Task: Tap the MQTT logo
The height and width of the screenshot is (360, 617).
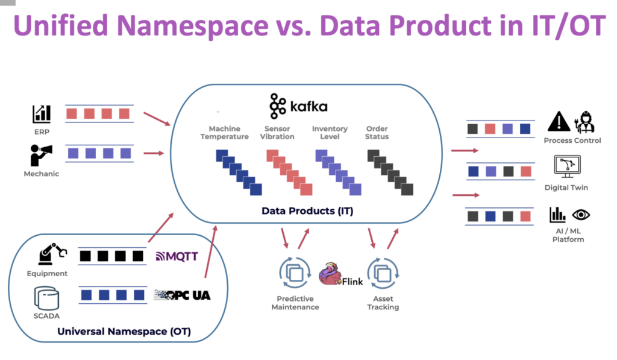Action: click(x=177, y=256)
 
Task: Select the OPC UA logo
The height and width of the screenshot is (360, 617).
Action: click(x=182, y=295)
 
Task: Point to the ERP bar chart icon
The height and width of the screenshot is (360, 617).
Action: click(x=42, y=113)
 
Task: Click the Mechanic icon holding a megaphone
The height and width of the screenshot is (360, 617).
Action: click(x=41, y=154)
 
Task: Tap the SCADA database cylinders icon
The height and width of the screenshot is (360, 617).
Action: click(x=46, y=297)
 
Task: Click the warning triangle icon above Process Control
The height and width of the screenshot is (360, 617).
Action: click(x=559, y=122)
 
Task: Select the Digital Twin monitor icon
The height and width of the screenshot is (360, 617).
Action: click(x=566, y=166)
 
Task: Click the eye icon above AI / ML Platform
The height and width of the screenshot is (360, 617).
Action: click(x=581, y=214)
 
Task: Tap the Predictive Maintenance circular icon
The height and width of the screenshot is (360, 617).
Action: click(x=294, y=273)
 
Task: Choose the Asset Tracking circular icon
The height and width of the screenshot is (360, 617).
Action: click(x=383, y=273)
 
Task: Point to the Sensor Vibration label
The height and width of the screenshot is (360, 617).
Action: click(x=279, y=133)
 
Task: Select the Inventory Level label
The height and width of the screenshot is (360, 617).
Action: click(x=330, y=133)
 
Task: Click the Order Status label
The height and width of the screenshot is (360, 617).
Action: click(x=377, y=133)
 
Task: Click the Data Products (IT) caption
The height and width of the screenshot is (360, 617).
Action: click(x=307, y=211)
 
